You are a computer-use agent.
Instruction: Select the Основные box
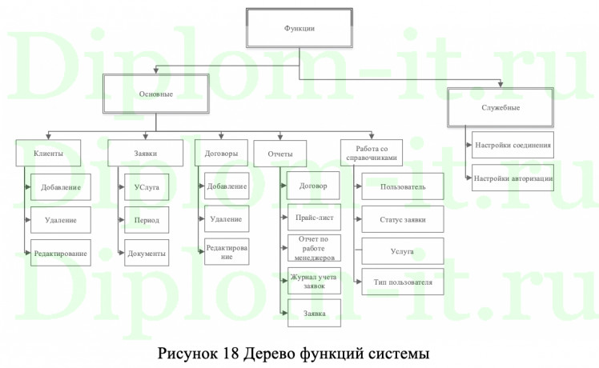coord(156,95)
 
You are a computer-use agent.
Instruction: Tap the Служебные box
coord(501,108)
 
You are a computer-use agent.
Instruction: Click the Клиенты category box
coord(49,153)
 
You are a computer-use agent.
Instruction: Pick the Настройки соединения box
coord(512,146)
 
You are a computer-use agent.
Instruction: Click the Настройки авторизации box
coord(512,178)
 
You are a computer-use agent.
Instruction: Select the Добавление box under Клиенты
coord(60,187)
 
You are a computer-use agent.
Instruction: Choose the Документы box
coord(146,253)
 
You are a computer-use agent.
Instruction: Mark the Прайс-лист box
coord(314,217)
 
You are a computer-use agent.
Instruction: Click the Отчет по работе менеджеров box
coord(314,249)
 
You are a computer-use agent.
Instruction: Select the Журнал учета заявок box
coord(314,281)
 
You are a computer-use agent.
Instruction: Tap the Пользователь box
coord(402,188)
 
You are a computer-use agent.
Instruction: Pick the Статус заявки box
coord(402,219)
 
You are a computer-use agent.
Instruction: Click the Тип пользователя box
coord(402,282)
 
